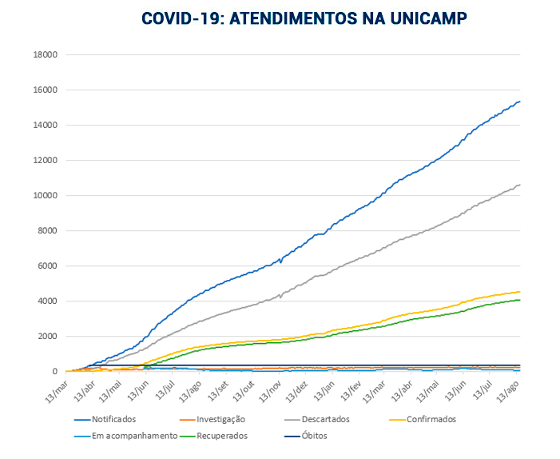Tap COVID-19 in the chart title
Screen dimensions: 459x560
coord(181,18)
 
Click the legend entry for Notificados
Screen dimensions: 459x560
coord(113,419)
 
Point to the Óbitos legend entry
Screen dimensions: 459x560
coord(311,436)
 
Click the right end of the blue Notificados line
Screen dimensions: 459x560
coord(520,102)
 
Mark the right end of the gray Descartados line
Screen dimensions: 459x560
coord(520,185)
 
